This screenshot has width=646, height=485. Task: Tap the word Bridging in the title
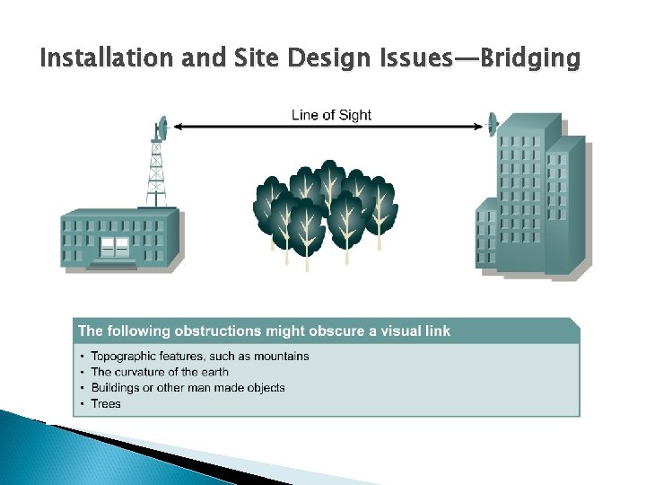[530, 60]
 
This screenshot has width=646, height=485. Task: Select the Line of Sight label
[331, 115]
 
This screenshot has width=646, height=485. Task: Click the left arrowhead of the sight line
[177, 128]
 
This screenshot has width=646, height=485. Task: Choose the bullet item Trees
[106, 404]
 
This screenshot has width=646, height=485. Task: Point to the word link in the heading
[437, 331]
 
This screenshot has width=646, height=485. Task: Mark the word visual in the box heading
[400, 331]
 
